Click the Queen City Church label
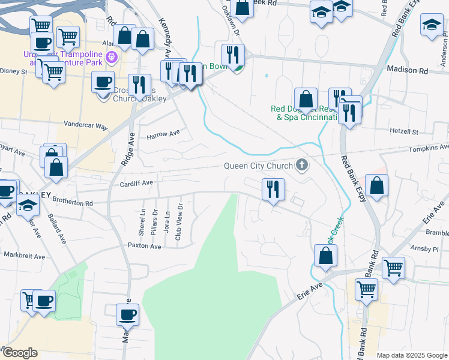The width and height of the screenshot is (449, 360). pos(258,166)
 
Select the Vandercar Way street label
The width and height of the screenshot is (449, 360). pos(86,127)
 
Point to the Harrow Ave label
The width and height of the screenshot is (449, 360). pos(163,134)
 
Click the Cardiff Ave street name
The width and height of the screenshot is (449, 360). pos(136,183)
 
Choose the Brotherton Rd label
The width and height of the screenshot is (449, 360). pos(73,203)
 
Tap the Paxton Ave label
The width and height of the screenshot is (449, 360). pos(145,246)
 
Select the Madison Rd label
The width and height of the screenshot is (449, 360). pos(407,70)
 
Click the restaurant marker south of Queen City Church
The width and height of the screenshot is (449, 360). pos(273,190)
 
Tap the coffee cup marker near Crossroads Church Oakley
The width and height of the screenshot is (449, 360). pos(103,82)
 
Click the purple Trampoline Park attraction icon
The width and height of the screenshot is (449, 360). pos(110,58)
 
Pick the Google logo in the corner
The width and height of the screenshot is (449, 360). pos(19,353)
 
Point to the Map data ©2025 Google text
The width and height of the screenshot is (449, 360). pos(412,355)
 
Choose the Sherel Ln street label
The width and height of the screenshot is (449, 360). pos(143,220)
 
